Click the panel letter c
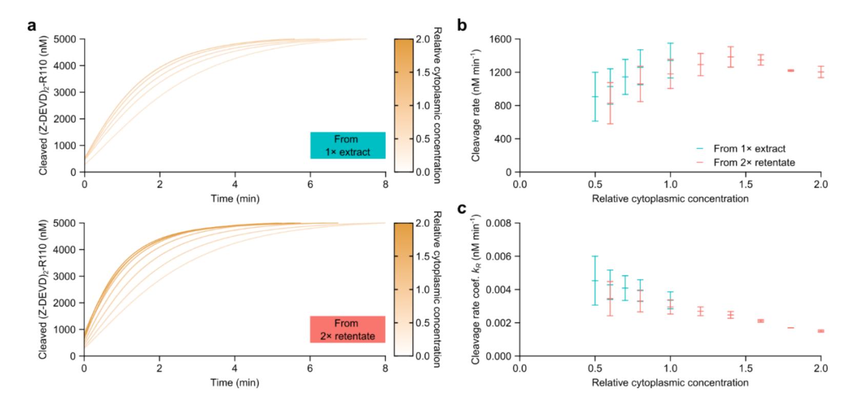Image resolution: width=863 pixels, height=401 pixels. (462, 210)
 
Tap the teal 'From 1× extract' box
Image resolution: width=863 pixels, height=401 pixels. (348, 146)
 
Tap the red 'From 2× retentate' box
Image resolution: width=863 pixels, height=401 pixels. (348, 329)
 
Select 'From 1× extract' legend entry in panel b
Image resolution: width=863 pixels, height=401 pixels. (749, 149)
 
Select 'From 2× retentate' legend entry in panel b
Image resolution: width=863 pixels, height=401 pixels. (754, 163)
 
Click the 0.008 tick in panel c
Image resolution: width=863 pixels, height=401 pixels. (501, 224)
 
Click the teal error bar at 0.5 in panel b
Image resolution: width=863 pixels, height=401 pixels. (595, 96)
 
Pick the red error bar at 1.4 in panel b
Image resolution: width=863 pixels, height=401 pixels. (731, 56)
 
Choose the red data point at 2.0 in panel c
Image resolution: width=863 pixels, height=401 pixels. (821, 331)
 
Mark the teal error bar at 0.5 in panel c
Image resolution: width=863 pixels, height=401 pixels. (595, 280)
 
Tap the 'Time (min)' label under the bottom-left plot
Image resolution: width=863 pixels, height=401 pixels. (235, 383)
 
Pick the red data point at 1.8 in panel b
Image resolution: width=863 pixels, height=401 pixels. (791, 70)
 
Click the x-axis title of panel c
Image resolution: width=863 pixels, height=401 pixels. (670, 383)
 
